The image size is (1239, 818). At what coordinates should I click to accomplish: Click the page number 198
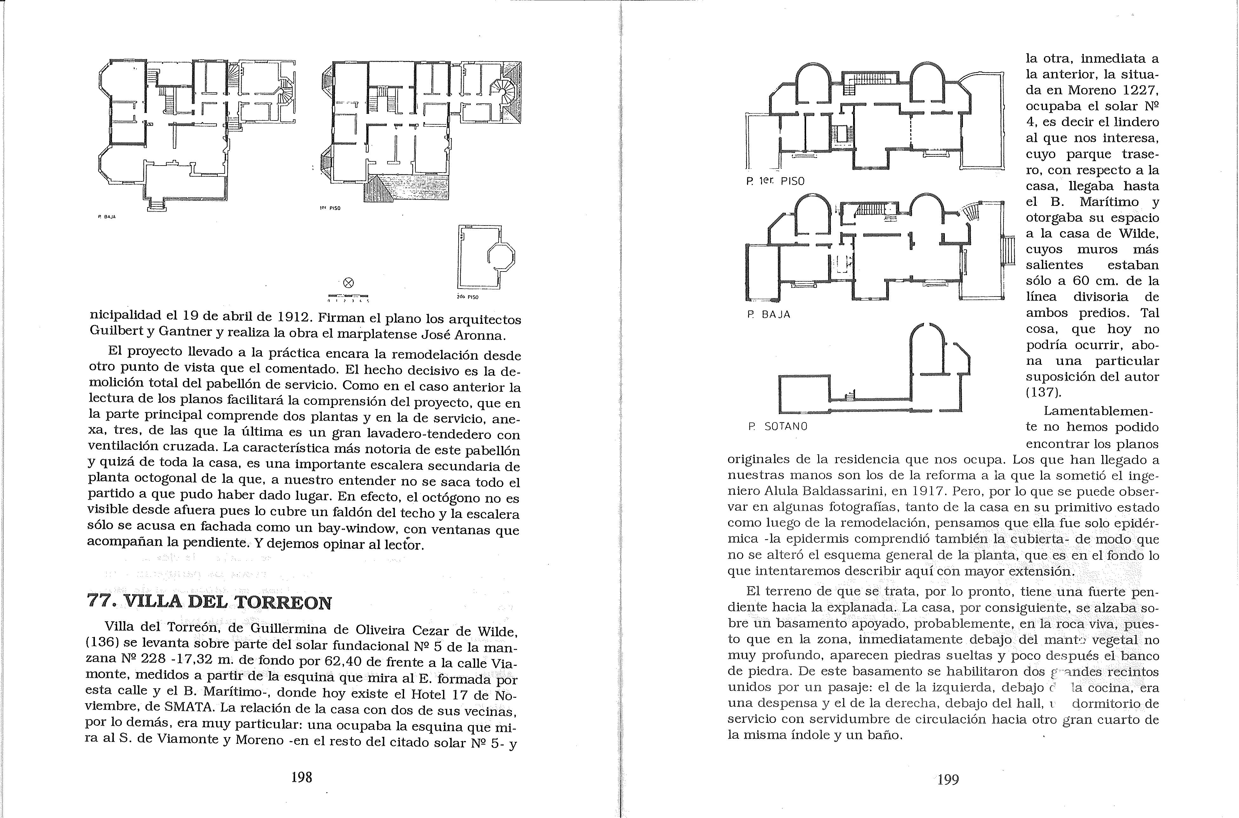point(302,777)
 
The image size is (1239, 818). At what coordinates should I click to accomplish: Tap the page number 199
point(948,779)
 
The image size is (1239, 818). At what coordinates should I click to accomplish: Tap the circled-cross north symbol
point(349,283)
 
